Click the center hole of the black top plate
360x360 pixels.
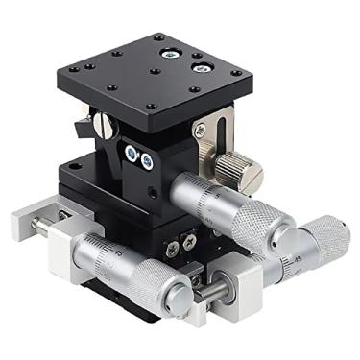[x=154, y=71]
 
